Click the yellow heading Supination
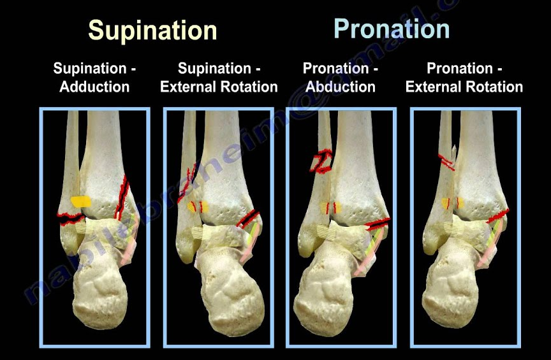152,31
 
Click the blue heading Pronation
392,29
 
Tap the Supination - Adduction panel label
94,78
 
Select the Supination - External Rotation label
219,78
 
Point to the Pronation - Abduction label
341,78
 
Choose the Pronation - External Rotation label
464,78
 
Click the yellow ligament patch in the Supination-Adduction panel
81,201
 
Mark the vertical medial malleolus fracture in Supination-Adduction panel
121,198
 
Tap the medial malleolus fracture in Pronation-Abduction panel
378,223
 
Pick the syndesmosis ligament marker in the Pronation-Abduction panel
330,208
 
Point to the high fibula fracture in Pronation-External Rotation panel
446,162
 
